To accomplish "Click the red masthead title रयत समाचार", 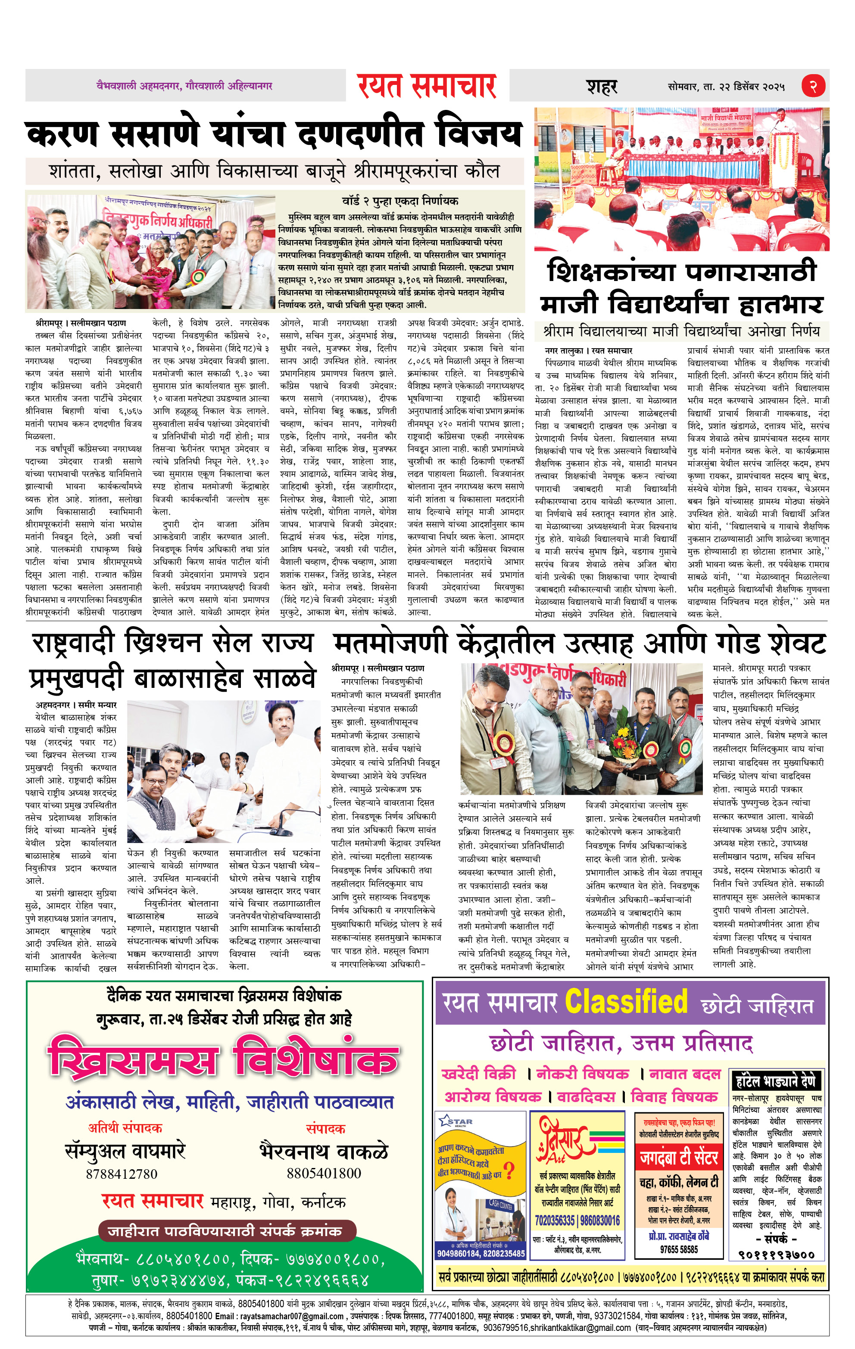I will pyautogui.click(x=427, y=86).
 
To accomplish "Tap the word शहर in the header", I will pyautogui.click(x=602, y=87).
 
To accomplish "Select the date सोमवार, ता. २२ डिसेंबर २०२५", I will pyautogui.click(x=726, y=87).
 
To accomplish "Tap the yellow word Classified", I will pyautogui.click(x=626, y=1002).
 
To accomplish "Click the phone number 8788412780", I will pyautogui.click(x=122, y=1174).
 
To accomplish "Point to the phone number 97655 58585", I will pyautogui.click(x=679, y=1249).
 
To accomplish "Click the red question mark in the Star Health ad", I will pyautogui.click(x=509, y=1170).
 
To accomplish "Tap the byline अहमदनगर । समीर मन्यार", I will pyautogui.click(x=76, y=705).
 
